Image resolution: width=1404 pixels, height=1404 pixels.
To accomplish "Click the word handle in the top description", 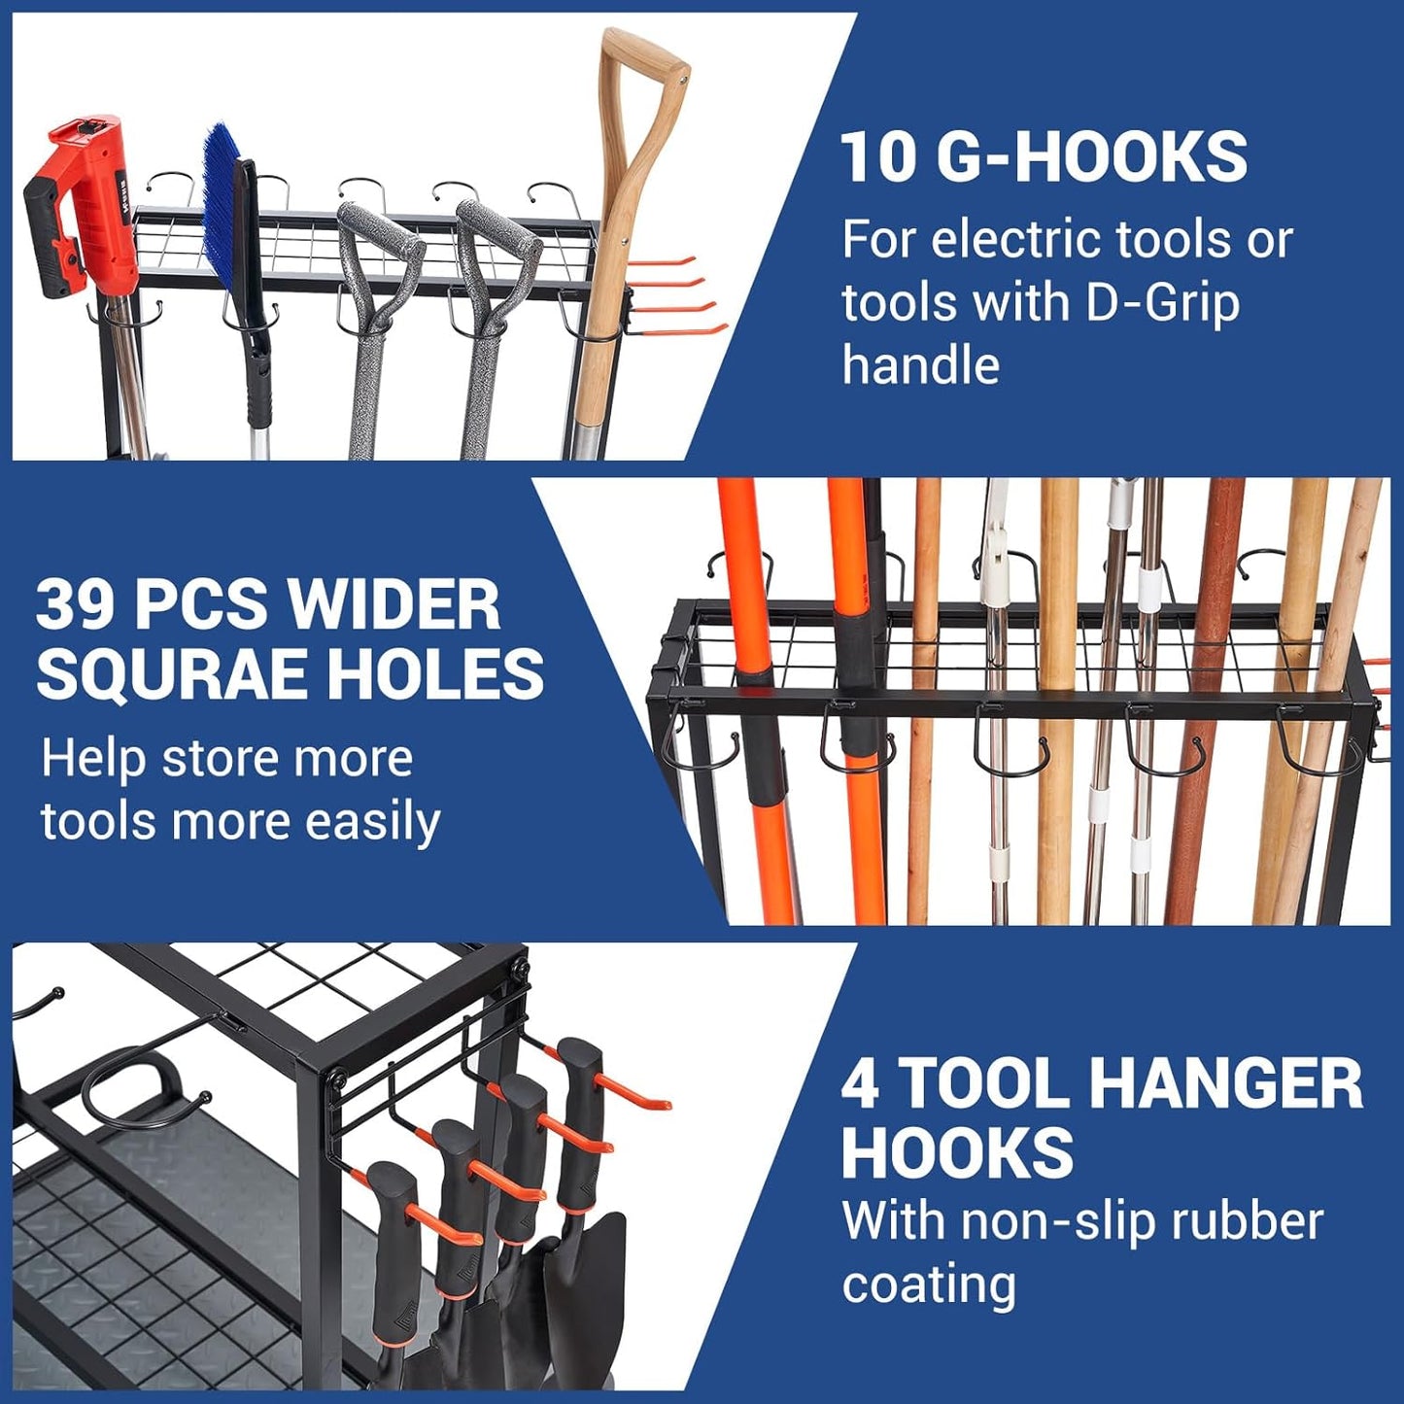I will [920, 365].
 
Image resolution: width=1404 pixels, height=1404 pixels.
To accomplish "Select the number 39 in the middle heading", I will [77, 604].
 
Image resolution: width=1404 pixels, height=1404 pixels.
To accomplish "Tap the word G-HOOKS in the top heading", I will [1095, 156].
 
